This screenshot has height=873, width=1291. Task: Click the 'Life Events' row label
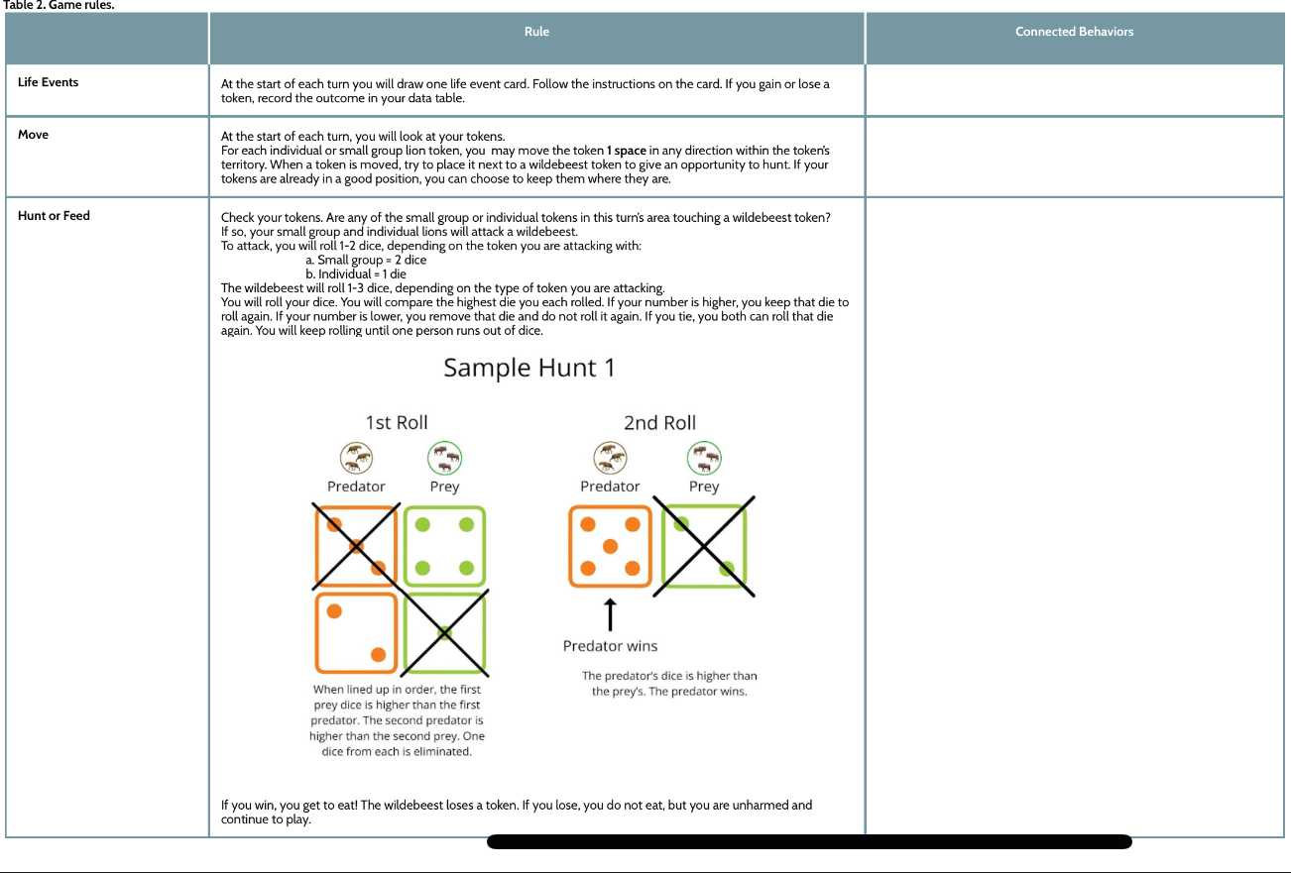tap(48, 82)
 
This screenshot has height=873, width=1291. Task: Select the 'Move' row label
tap(33, 135)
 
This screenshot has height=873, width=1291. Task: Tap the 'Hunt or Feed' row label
tap(54, 216)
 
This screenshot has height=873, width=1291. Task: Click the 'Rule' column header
tap(536, 32)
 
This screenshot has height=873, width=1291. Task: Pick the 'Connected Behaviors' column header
tap(1074, 32)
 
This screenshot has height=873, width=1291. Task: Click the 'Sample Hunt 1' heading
tap(528, 368)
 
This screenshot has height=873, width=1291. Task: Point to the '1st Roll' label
tap(397, 423)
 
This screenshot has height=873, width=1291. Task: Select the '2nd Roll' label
tap(659, 423)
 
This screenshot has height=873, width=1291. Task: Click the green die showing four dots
tap(444, 546)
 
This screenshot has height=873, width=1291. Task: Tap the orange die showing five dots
tap(610, 546)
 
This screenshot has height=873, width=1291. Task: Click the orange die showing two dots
tap(356, 632)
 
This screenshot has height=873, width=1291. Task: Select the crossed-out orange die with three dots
tap(356, 546)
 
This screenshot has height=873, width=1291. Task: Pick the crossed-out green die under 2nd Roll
tap(704, 546)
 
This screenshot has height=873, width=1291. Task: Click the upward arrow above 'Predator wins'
tap(610, 614)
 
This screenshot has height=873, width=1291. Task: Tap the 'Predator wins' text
tap(610, 646)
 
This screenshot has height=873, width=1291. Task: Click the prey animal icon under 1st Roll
tap(444, 458)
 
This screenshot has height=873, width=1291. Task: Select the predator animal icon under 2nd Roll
tap(610, 458)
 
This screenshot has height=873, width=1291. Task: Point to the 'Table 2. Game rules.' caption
tap(59, 6)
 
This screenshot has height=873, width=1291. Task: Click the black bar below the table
tap(809, 842)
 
